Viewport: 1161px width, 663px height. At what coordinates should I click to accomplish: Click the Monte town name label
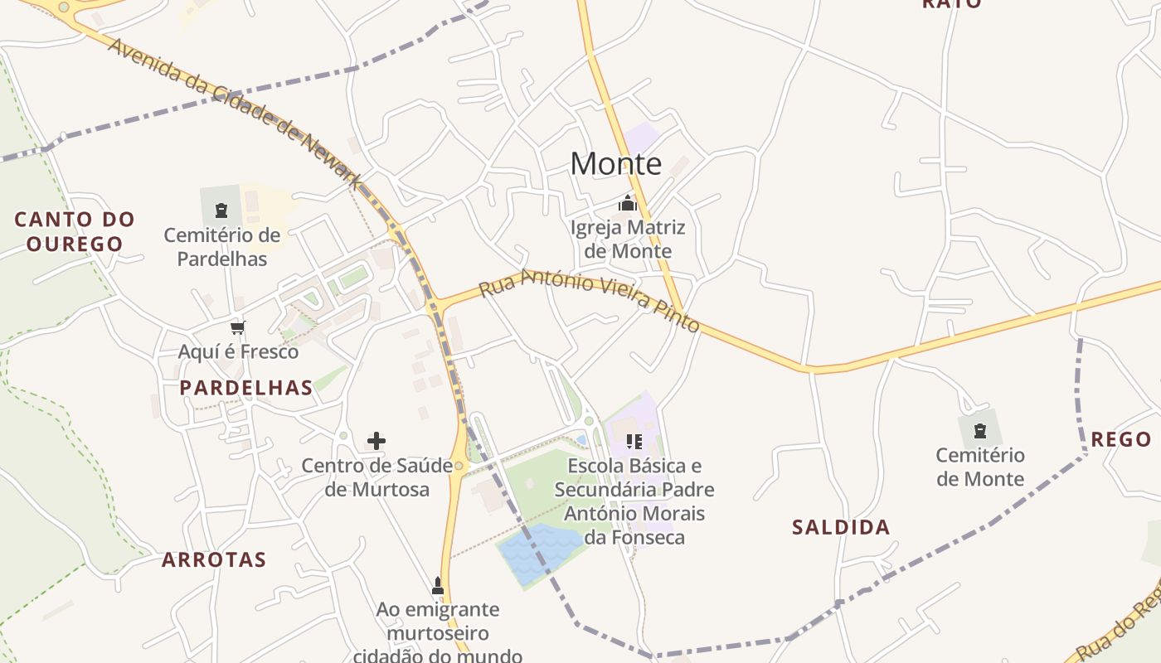615,164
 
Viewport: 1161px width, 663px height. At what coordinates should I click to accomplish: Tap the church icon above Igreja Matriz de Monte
628,203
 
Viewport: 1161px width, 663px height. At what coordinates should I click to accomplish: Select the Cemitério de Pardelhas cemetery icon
221,211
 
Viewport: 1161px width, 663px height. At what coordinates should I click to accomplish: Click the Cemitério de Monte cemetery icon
980,431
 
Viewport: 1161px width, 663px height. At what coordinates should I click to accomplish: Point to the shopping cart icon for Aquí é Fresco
238,327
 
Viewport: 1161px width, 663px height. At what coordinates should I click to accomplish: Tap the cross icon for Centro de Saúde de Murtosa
376,440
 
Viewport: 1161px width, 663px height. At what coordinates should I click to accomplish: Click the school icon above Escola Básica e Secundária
634,441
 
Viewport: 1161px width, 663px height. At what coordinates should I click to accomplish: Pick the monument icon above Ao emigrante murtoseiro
438,586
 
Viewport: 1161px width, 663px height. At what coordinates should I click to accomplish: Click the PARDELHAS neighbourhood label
246,388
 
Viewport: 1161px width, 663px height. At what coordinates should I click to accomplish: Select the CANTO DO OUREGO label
75,232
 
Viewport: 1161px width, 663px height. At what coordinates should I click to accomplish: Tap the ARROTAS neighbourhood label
214,560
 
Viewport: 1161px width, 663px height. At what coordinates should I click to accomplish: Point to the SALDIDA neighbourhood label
841,528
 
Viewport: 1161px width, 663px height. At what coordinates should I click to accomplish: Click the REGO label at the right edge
1120,440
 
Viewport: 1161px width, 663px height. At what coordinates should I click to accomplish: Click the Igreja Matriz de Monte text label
628,239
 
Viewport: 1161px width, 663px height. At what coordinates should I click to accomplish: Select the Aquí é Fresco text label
238,352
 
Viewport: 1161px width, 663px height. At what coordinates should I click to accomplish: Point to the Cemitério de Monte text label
980,467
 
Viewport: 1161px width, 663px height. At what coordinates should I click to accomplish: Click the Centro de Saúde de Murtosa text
376,477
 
